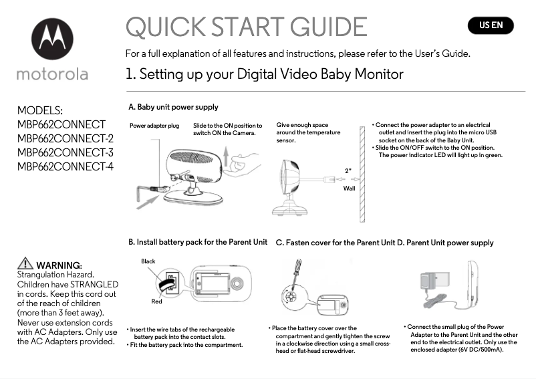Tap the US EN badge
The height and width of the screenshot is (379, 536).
pos(491,26)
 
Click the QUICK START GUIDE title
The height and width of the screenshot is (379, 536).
pos(246,27)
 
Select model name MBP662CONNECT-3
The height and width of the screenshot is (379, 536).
pos(65,152)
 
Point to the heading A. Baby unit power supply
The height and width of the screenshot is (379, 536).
pos(173,107)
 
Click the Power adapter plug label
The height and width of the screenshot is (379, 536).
pos(154,126)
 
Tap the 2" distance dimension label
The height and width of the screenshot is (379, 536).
pos(348,170)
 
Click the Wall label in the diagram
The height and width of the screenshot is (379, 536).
pos(349,189)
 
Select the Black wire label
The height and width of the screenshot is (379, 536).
pos(148,261)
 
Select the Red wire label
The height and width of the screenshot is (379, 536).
pos(156,301)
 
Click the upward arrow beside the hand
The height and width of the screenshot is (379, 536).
pos(229,161)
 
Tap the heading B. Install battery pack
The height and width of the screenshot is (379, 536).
pos(198,242)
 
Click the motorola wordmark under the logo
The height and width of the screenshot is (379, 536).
pos(52,74)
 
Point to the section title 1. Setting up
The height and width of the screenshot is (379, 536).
pos(264,74)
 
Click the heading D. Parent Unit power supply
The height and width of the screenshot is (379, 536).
pos(445,243)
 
